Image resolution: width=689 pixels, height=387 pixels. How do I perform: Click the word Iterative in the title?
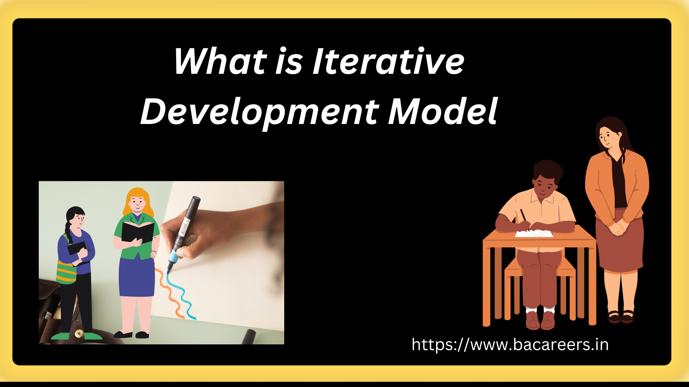point(389,61)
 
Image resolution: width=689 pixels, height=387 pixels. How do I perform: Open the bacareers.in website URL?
point(510,345)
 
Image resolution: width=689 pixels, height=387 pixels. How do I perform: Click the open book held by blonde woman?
point(138,232)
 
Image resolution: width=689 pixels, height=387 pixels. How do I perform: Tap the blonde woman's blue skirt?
point(137,276)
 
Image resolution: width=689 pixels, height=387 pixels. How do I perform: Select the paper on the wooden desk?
point(534,234)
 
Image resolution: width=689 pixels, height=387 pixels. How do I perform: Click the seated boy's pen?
point(525,219)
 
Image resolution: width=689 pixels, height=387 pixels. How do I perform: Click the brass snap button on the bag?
point(79,334)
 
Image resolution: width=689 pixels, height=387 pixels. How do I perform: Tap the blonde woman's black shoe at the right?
point(142,335)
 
